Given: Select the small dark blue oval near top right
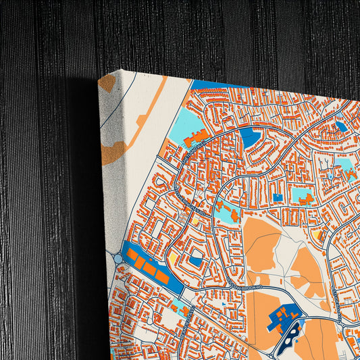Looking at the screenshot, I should [x=342, y=126].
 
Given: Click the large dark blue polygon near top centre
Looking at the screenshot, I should [x=249, y=136].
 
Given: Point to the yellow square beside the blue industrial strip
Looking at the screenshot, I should [x=172, y=259].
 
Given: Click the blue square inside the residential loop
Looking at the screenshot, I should [x=195, y=260].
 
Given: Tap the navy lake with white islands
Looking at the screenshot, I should [x=292, y=336].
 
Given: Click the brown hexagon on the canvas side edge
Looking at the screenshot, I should [x=107, y=83].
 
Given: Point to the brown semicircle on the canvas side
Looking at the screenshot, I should [x=113, y=152].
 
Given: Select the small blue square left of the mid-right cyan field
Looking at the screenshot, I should [x=278, y=197].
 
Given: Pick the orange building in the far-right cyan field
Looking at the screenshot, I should [x=351, y=173].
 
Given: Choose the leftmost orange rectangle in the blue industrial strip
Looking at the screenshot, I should [x=131, y=255].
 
